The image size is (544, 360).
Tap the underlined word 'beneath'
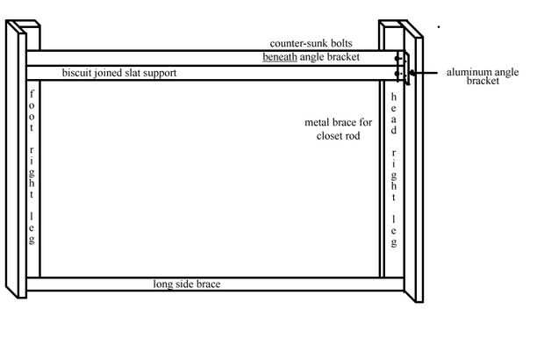click(x=281, y=58)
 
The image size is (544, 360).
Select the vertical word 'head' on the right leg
click(x=394, y=112)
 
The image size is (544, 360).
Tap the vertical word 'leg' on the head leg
click(x=394, y=229)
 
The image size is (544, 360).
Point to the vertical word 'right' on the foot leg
click(x=32, y=168)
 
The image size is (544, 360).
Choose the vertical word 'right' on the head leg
click(x=394, y=170)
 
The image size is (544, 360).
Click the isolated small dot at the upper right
click(x=438, y=26)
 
